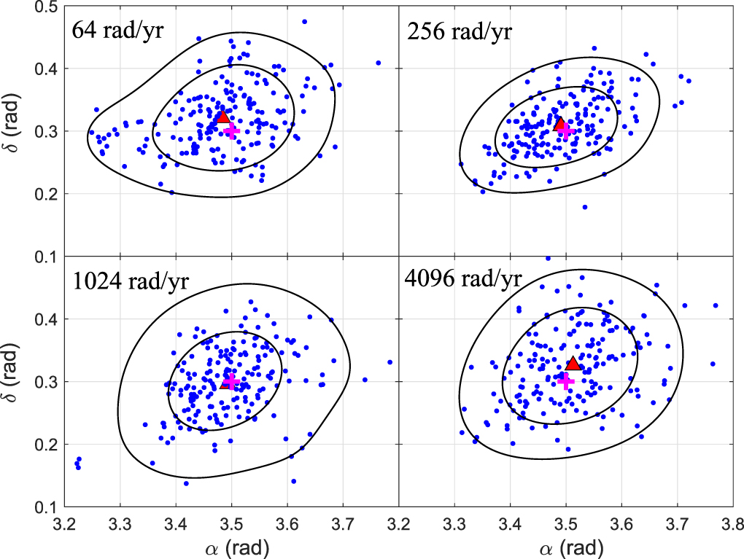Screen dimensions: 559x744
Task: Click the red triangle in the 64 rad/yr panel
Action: [223, 117]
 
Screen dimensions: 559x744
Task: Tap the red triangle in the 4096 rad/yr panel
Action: [573, 364]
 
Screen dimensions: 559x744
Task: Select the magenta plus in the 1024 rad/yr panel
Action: [230, 381]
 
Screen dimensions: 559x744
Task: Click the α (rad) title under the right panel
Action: [565, 546]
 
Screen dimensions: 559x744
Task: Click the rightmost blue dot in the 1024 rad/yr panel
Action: [390, 361]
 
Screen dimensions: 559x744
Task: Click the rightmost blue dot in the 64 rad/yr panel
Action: [379, 63]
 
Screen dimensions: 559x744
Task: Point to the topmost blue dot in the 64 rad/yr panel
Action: [304, 21]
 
